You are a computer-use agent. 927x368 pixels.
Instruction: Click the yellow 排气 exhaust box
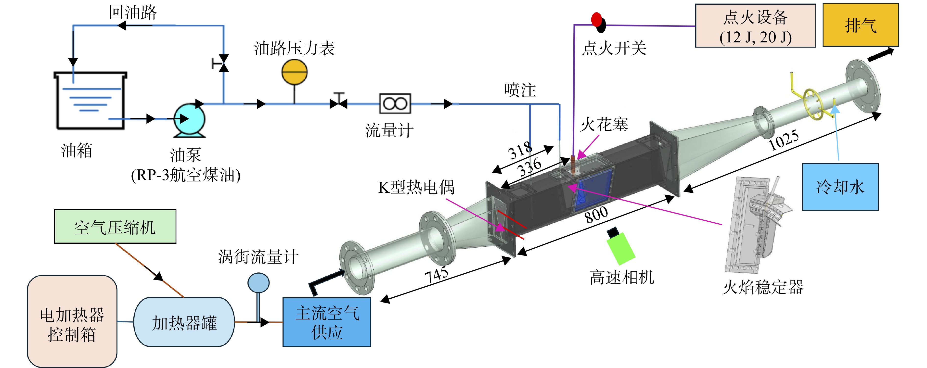[861, 25]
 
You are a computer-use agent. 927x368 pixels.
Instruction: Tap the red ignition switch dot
[596, 19]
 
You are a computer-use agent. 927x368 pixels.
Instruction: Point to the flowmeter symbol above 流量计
[395, 104]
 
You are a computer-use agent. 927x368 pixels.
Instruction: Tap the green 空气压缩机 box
[115, 226]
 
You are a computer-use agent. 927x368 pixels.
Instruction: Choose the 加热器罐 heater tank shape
[184, 322]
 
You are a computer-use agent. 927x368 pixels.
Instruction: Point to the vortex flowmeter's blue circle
[258, 282]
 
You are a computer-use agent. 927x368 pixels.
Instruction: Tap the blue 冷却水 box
[840, 187]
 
